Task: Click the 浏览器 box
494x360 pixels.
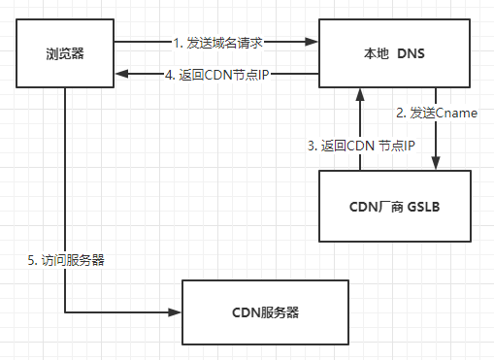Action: click(x=65, y=53)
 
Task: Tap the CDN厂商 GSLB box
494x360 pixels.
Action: click(x=394, y=206)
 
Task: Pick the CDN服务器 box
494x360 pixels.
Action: click(x=264, y=312)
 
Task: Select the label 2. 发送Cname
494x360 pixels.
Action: click(x=436, y=113)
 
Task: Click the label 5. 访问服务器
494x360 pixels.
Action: click(x=66, y=260)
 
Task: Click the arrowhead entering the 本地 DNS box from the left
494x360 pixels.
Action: click(x=312, y=42)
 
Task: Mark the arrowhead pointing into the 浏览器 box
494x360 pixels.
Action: click(x=120, y=72)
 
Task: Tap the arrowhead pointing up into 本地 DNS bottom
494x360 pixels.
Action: click(x=360, y=93)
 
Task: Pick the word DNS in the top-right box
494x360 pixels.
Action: click(x=412, y=53)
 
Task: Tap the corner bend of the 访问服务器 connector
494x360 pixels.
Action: click(x=65, y=312)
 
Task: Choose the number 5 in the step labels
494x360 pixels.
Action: click(x=32, y=260)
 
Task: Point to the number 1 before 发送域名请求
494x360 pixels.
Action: click(x=176, y=42)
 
